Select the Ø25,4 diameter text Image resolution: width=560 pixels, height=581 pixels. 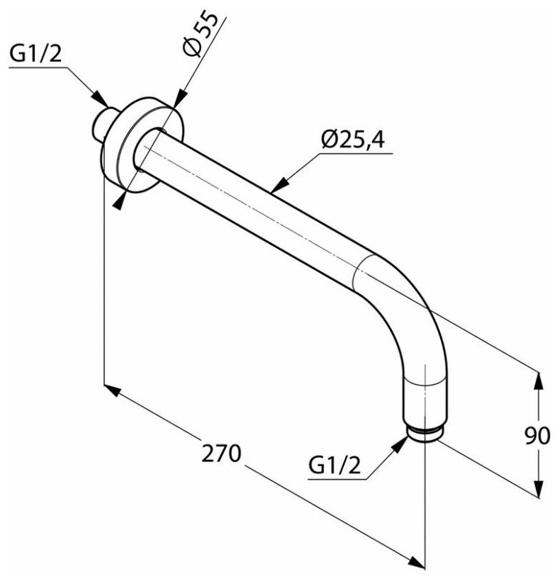(x=352, y=140)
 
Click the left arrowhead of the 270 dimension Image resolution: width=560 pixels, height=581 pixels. (x=112, y=390)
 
